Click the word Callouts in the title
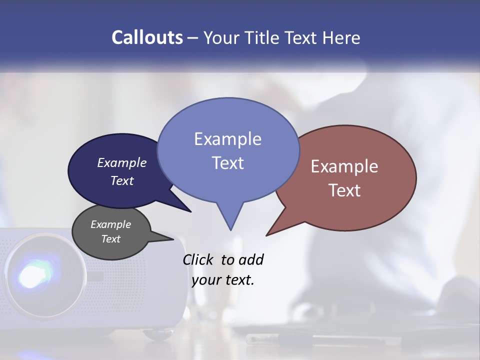147,37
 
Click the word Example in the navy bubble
121,163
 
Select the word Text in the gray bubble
110,239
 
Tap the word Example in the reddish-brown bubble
344,166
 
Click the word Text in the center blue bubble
228,163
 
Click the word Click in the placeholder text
198,259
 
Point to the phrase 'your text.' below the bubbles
223,280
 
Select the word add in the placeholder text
251,259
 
